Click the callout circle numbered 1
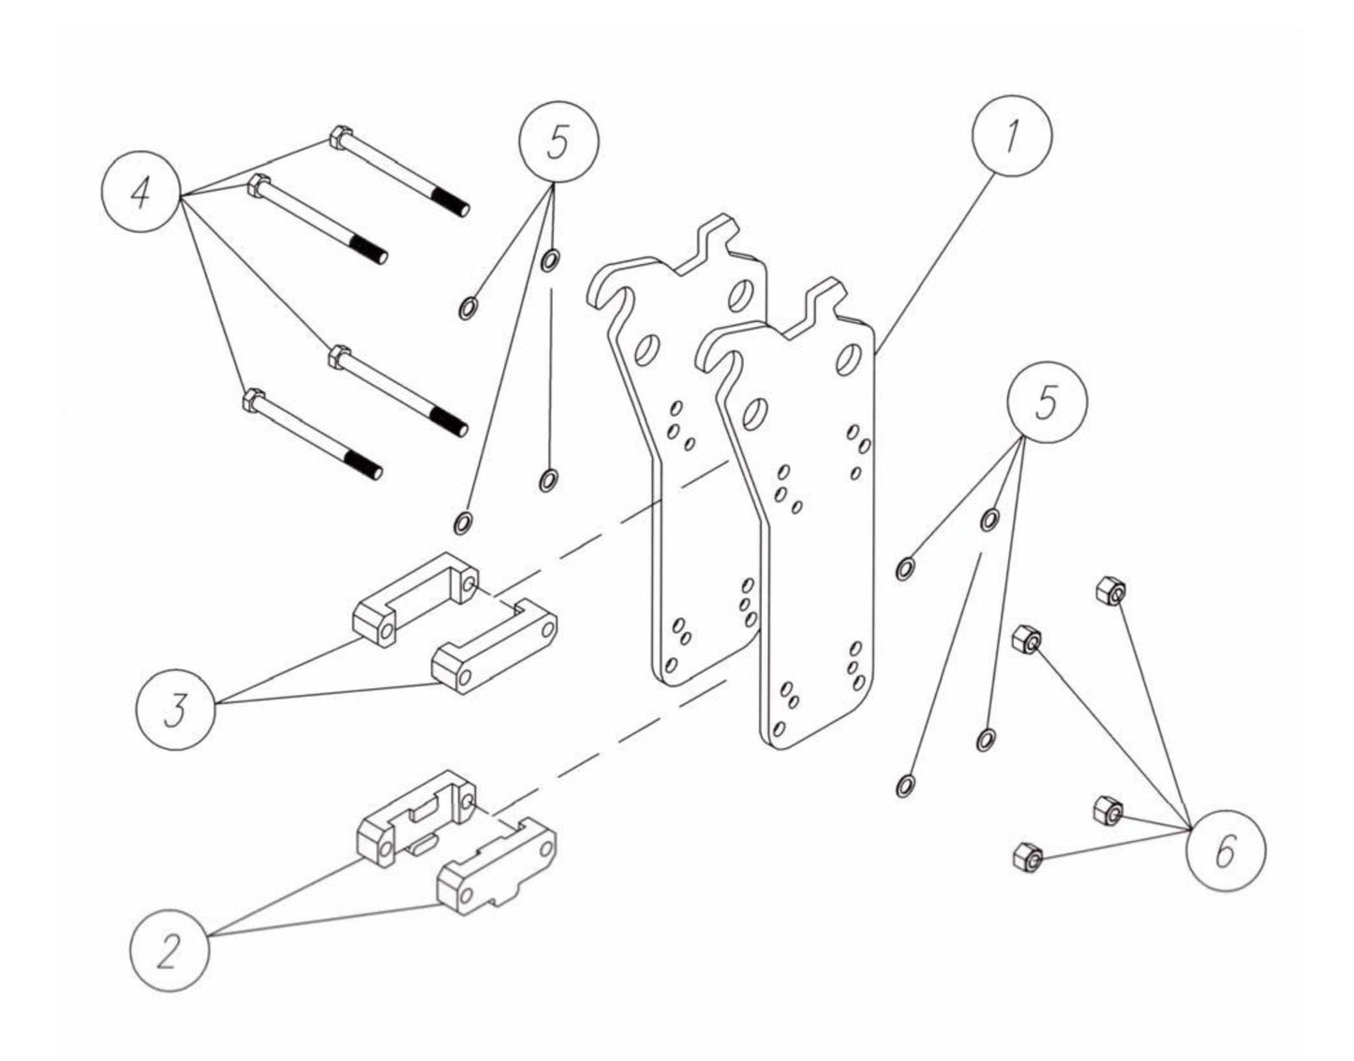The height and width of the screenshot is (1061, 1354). [x=1011, y=139]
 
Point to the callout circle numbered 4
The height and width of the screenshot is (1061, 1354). [x=141, y=196]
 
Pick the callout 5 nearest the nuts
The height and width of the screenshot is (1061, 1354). [x=1047, y=404]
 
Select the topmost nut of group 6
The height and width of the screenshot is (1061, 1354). [x=1109, y=592]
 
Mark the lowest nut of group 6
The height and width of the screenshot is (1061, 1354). [x=1025, y=856]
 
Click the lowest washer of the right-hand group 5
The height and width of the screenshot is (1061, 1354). [x=904, y=785]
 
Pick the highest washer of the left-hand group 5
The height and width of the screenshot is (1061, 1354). [x=551, y=259]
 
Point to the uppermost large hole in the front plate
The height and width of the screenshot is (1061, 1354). [x=847, y=359]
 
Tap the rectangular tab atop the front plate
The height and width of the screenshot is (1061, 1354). [x=822, y=297]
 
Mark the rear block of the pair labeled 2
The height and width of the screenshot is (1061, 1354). [x=417, y=811]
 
